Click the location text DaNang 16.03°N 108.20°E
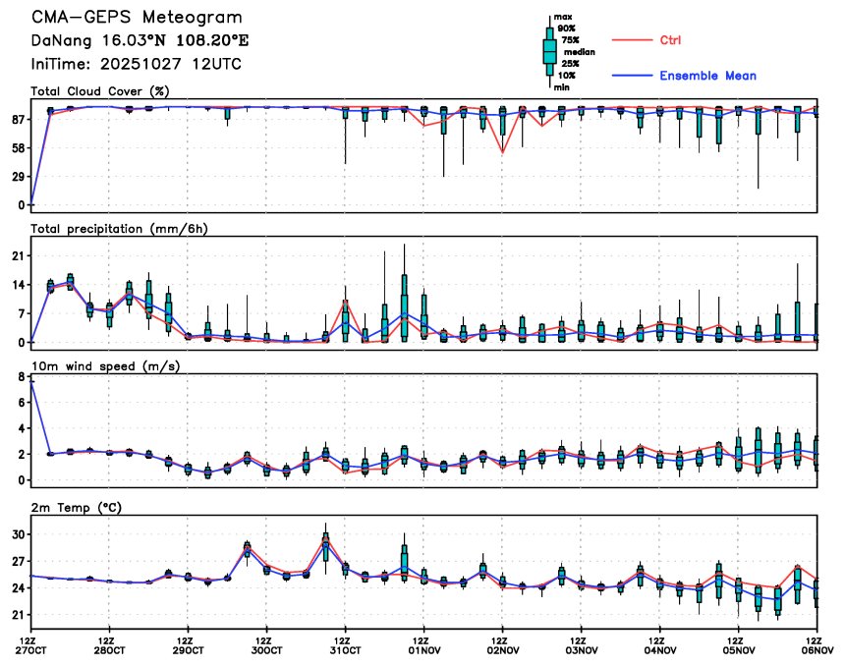pos(126,40)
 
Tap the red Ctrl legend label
pos(670,39)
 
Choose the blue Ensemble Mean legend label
pos(707,76)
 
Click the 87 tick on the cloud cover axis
pos(17,119)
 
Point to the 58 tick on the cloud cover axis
pos(17,147)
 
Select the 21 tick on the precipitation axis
pos(17,255)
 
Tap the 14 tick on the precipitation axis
pos(17,284)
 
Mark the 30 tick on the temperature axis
pos(17,534)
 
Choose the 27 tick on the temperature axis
pos(17,561)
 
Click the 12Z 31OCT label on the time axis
pos(345,644)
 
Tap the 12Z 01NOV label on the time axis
pos(423,644)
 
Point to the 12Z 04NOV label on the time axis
pos(659,644)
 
